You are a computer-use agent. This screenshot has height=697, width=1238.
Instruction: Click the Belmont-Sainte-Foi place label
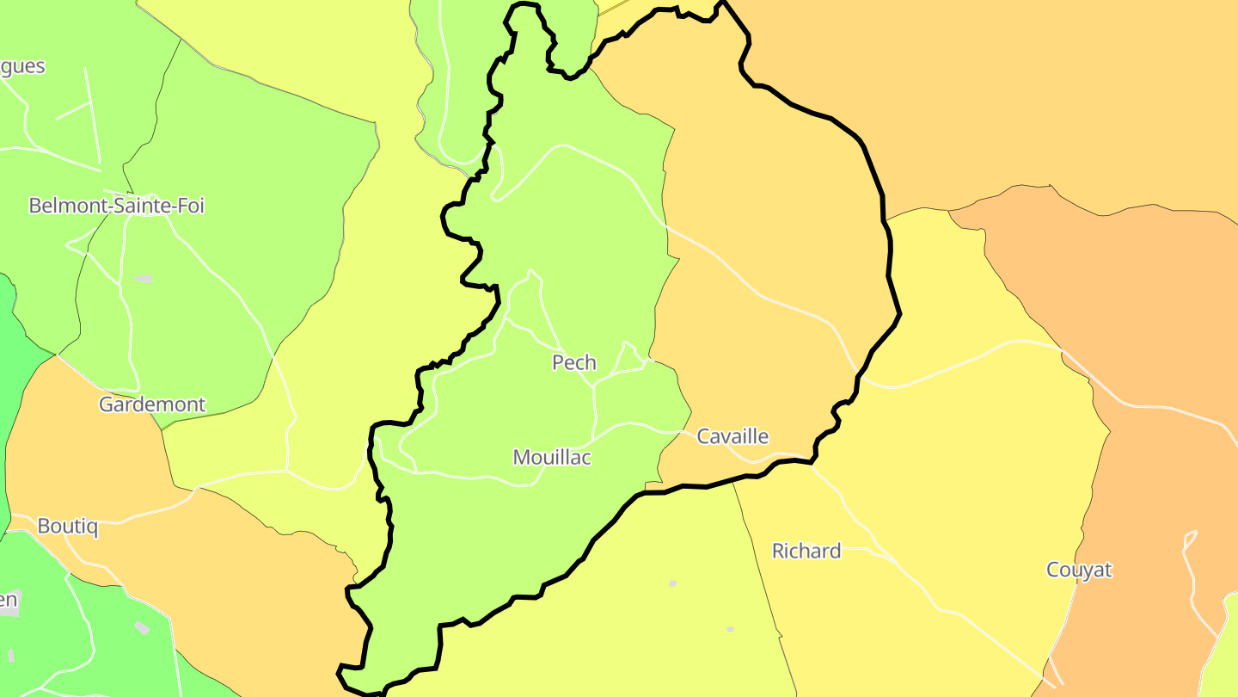pos(117,206)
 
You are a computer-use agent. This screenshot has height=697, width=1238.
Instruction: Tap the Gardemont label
pos(152,404)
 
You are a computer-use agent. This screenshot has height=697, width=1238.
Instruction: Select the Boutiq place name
pos(67,526)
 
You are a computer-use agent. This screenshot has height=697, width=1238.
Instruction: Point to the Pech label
pos(574,363)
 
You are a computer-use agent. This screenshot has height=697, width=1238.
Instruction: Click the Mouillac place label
pos(552,458)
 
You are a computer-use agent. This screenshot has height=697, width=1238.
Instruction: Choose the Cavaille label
pos(732,436)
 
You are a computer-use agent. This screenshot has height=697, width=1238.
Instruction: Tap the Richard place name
pos(806,551)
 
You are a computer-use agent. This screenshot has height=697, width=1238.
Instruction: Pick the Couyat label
pos(1079,570)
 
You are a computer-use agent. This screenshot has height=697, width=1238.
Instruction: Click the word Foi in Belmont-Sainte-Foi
pos(189,206)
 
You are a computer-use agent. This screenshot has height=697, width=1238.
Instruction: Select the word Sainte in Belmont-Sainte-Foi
pos(140,206)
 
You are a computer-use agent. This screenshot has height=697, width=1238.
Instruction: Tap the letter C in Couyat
pos(1053,570)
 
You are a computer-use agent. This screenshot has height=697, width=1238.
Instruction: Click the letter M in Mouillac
pos(522,458)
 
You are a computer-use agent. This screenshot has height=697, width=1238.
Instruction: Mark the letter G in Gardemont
pos(107,404)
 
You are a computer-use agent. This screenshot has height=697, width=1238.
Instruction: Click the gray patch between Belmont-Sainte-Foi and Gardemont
pos(143,279)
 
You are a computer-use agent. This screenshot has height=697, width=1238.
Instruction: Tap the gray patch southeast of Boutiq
pos(142,627)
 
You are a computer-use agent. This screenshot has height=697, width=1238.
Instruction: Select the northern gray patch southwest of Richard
pos(673,583)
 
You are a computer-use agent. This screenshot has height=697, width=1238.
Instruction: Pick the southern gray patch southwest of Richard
pos(730,629)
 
